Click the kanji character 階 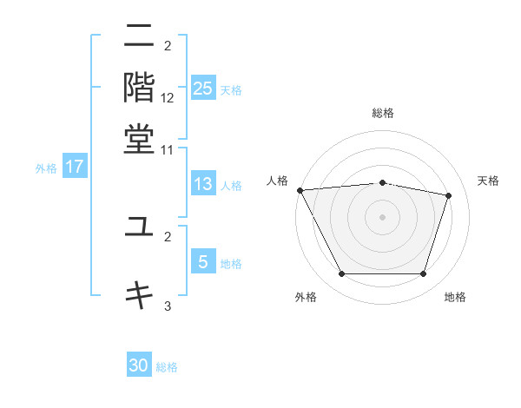[139, 86]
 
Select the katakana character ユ [139, 227]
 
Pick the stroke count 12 [168, 98]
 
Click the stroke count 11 [168, 149]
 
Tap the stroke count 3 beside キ [168, 306]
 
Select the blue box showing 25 [203, 89]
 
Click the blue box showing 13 [203, 184]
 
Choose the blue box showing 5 [203, 261]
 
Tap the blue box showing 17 [75, 168]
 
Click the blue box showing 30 [139, 365]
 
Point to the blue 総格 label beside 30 [167, 367]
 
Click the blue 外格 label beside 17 [46, 168]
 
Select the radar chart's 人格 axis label [278, 181]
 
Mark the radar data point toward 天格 [449, 195]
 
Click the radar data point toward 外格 [341, 274]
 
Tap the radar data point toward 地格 [424, 274]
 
